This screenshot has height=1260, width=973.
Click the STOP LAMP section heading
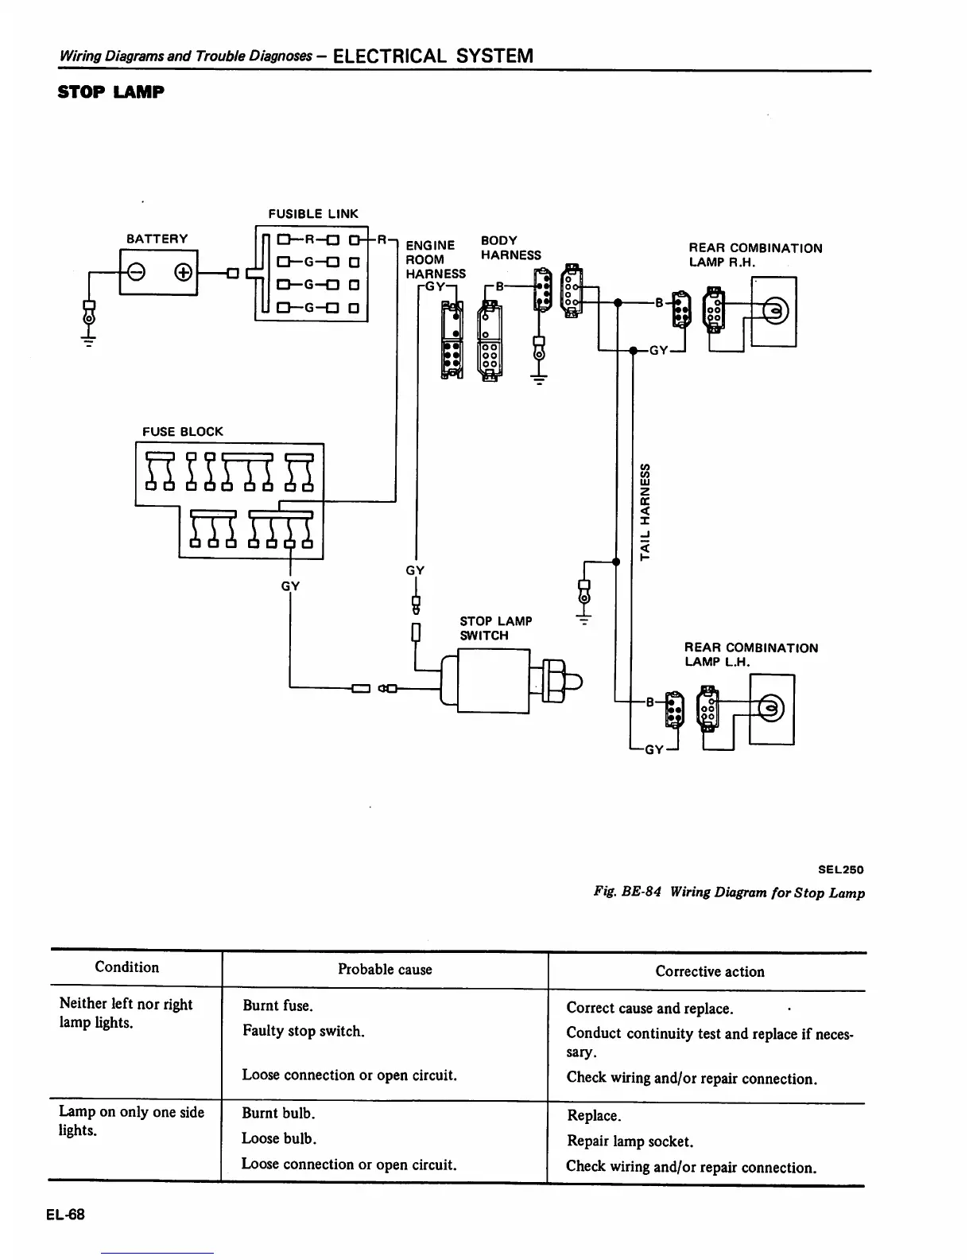pyautogui.click(x=111, y=92)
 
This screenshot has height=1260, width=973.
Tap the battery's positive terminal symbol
pyautogui.click(x=182, y=273)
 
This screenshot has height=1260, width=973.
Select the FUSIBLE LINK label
pyautogui.click(x=313, y=214)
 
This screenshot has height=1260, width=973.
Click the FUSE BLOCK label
pyautogui.click(x=183, y=432)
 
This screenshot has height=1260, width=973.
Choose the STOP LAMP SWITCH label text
pyautogui.click(x=495, y=628)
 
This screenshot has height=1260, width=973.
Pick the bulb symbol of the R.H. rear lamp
pyautogui.click(x=773, y=310)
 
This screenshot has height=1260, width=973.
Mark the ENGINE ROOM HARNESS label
pyautogui.click(x=435, y=259)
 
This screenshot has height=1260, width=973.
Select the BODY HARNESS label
pyautogui.click(x=510, y=247)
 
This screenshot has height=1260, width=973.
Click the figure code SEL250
pyautogui.click(x=840, y=869)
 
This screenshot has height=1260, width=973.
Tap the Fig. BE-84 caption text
pyautogui.click(x=729, y=892)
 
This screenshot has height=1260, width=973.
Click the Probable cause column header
pyautogui.click(x=385, y=970)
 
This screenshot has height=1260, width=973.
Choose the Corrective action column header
pyautogui.click(x=709, y=971)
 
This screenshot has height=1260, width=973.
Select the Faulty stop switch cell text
pyautogui.click(x=304, y=1032)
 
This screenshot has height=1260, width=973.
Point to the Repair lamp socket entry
pyautogui.click(x=630, y=1141)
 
